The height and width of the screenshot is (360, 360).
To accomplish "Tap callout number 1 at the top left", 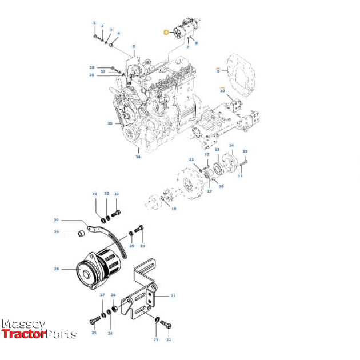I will coord(94,22).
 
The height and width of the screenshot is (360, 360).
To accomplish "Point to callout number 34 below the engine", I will coord(137,157).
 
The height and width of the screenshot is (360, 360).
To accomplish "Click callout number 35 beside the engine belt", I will coord(110,123).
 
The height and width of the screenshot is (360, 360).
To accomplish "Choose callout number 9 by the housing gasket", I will coord(218,70).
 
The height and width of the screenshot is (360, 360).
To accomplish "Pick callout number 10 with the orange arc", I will coord(223,90).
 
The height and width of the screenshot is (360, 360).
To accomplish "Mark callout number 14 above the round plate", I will coord(231,146).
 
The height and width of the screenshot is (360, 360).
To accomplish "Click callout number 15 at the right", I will coord(245,151).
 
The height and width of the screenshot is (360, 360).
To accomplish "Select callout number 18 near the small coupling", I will coord(174,209).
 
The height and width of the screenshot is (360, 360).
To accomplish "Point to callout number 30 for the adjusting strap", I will coord(56,220).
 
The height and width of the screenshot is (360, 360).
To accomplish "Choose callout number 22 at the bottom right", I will coord(169,339).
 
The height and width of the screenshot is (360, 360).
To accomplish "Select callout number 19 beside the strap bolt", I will coord(142,246).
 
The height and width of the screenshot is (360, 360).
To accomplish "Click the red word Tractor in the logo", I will coord(23,334).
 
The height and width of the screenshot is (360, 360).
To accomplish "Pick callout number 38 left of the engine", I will coord(91,67).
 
